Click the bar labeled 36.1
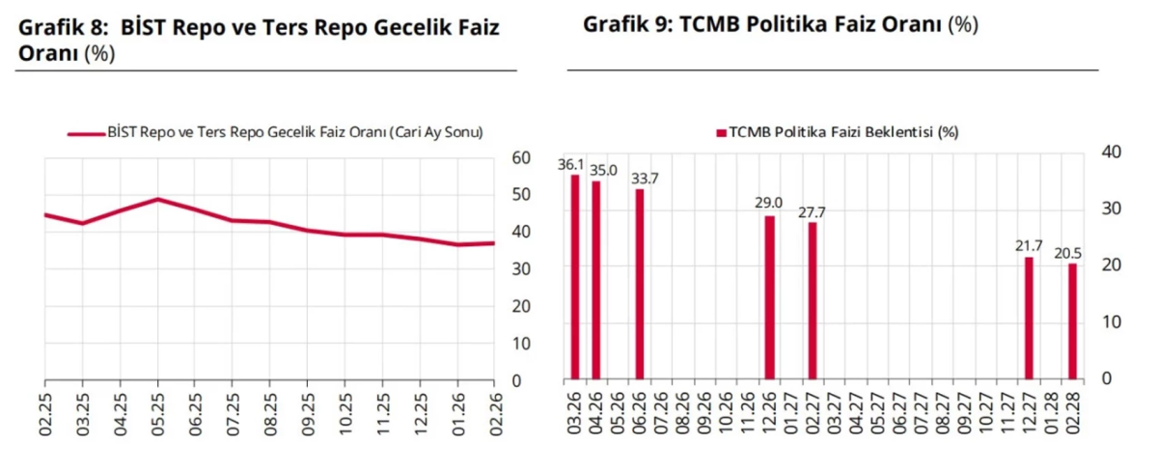[575, 277]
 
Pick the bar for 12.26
[769, 297]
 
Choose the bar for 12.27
[1029, 318]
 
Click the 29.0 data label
[769, 204]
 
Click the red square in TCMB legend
[720, 132]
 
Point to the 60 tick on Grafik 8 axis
[521, 157]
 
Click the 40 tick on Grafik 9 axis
[1111, 152]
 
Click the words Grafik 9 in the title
[625, 24]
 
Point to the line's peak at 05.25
[157, 199]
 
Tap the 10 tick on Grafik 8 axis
[521, 343]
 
